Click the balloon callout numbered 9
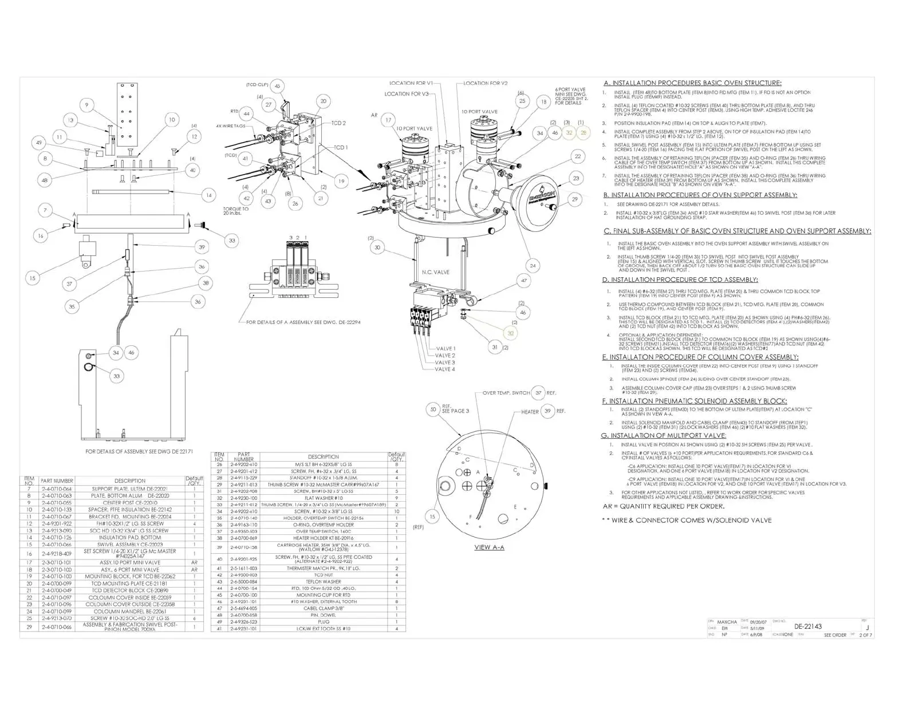click(x=87, y=105)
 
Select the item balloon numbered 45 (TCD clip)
click(x=277, y=86)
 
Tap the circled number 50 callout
click(x=433, y=409)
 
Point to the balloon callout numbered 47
click(x=524, y=281)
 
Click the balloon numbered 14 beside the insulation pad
click(x=209, y=195)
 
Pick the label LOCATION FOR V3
click(x=406, y=94)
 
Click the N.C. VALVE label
click(x=436, y=272)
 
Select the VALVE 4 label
click(x=445, y=369)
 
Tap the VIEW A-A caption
click(x=489, y=547)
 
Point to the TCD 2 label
click(x=338, y=123)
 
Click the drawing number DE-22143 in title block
click(x=808, y=626)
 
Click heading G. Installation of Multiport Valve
click(x=663, y=435)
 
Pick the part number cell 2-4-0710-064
click(x=57, y=489)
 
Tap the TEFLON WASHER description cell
click(x=324, y=581)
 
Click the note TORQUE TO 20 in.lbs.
click(x=236, y=211)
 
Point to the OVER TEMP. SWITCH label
click(x=506, y=393)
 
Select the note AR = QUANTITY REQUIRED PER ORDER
click(x=663, y=506)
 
